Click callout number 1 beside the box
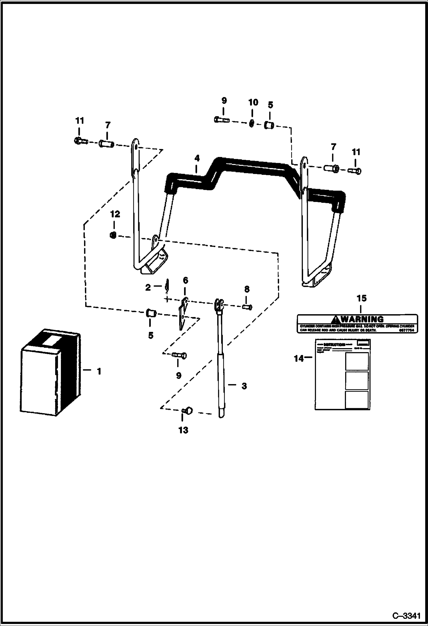coord(99,371)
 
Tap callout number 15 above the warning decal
coord(361,298)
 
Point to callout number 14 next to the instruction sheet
coord(299,358)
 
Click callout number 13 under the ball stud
coord(183,430)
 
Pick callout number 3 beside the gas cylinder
coord(244,386)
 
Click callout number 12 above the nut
coord(115,214)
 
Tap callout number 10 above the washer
coord(253,102)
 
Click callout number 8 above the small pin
coord(247,289)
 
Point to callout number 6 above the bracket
coord(185,280)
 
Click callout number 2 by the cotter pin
coord(148,287)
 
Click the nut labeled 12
coord(113,235)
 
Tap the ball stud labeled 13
coord(187,411)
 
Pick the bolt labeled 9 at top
coord(222,120)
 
